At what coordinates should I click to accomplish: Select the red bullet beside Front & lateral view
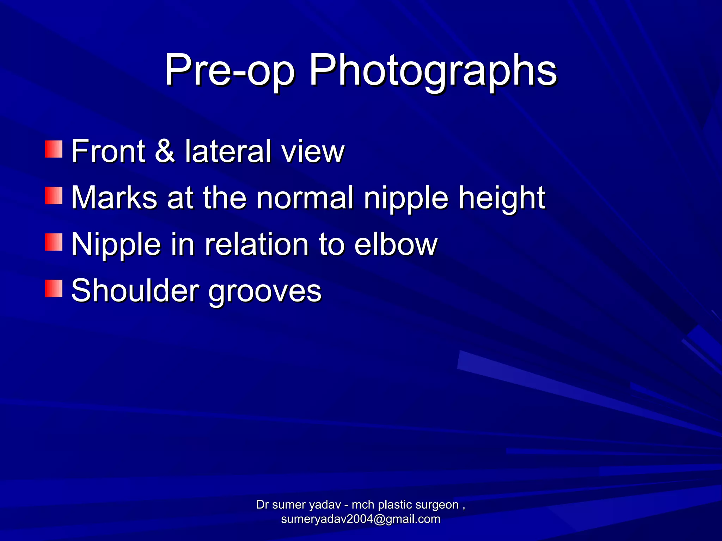54,149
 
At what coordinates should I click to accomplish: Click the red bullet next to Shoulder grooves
54,289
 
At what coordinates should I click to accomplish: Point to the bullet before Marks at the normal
54,196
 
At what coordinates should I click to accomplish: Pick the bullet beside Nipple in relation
54,242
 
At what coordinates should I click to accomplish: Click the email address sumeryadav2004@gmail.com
361,519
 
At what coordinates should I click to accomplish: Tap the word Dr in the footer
262,505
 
